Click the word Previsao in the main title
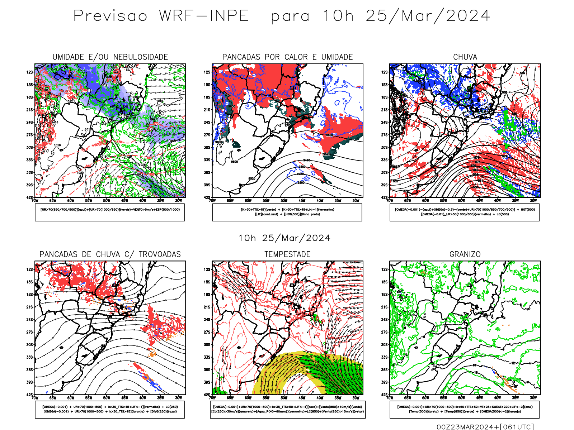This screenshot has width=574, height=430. click(110, 16)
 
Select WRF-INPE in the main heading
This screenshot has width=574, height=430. click(204, 16)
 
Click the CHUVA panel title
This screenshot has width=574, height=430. click(465, 57)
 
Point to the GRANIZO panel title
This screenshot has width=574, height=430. click(465, 254)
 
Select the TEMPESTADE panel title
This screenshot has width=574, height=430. click(287, 254)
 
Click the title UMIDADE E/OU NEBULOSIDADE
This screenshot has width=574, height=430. click(110, 57)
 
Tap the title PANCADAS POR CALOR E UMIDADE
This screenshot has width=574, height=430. click(287, 57)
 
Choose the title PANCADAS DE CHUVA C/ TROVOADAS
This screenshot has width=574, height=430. click(110, 254)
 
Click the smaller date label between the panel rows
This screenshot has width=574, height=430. click(284, 238)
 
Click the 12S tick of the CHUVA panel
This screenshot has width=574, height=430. click(385, 72)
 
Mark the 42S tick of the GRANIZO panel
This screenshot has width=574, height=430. click(385, 395)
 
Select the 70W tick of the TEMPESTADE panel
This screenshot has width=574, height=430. click(212, 398)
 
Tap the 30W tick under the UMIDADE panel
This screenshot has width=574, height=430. click(178, 201)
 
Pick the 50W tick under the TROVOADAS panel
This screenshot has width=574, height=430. click(107, 398)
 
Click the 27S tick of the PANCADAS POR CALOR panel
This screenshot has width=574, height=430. click(207, 135)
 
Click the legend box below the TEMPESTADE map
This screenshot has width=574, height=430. click(287, 409)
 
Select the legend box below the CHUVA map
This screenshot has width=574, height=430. click(465, 212)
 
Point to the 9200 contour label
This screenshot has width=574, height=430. click(301, 183)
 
